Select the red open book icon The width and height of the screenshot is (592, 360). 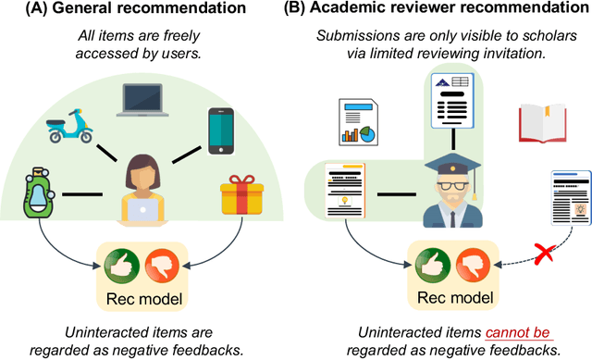pyautogui.click(x=541, y=123)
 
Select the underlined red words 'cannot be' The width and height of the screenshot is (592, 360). pyautogui.click(x=485, y=332)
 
